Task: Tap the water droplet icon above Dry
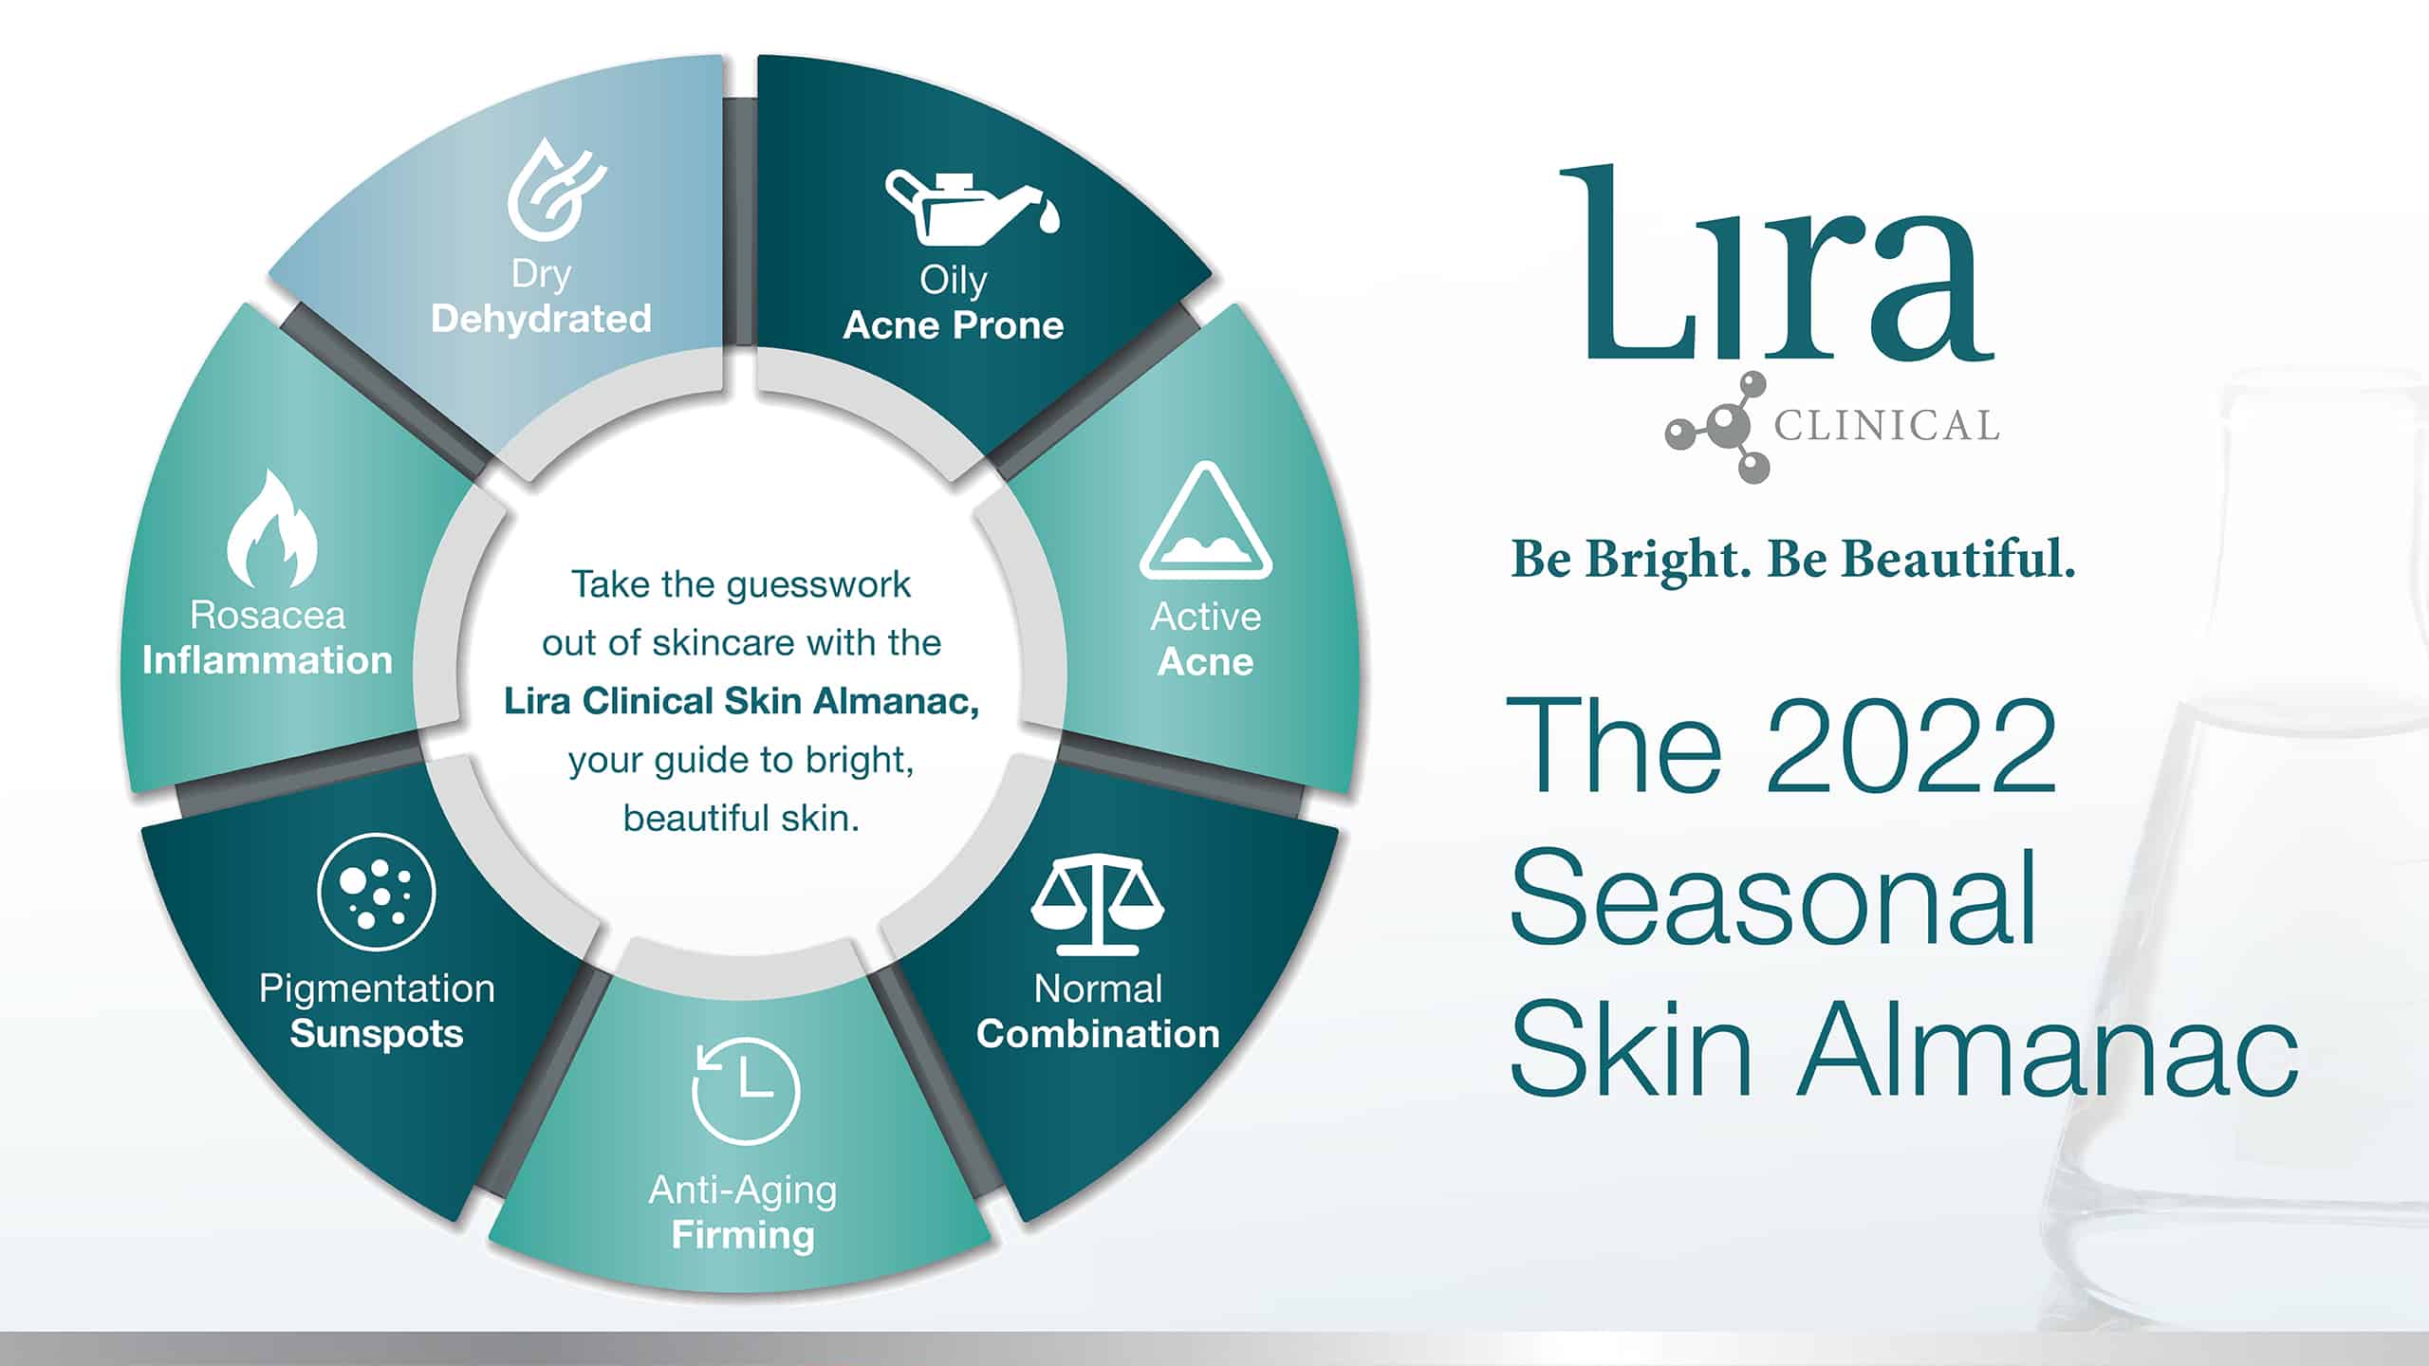point(555,189)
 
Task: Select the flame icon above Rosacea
point(271,528)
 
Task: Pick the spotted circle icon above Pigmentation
point(376,892)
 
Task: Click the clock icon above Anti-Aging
point(746,1090)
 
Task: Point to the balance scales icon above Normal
point(1098,905)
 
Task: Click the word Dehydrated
point(541,319)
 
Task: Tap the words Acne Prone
point(954,325)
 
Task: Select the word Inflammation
point(268,660)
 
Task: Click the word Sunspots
point(377,1034)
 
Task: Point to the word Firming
point(743,1235)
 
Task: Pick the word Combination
point(1098,1034)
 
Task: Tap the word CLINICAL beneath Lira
point(1887,426)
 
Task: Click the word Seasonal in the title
point(1773,897)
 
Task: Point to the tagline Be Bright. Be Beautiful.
point(1792,559)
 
